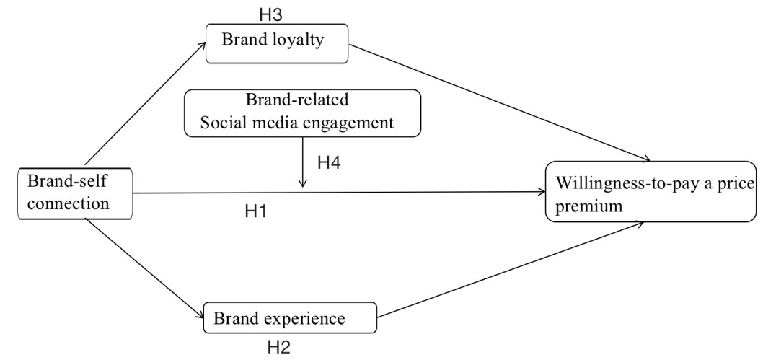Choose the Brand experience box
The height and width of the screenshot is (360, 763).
pyautogui.click(x=290, y=318)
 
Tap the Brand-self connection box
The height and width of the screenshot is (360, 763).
pyautogui.click(x=75, y=193)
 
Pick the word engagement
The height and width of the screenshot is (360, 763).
pyautogui.click(x=354, y=123)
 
